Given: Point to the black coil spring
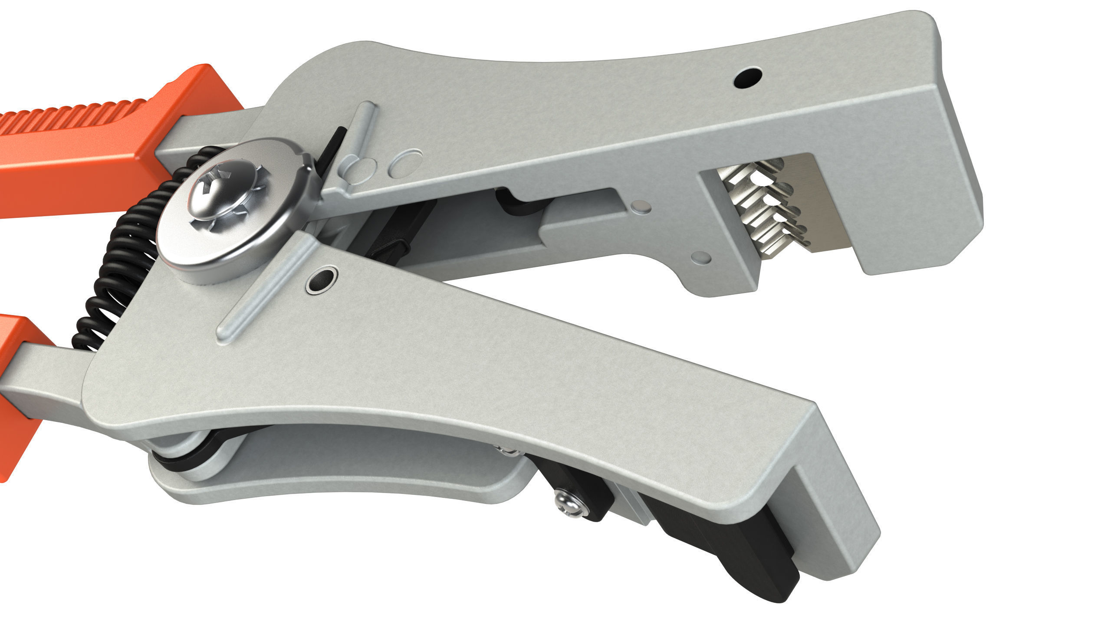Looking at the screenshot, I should click(117, 269).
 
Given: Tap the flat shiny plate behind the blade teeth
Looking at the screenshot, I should click(816, 204).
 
